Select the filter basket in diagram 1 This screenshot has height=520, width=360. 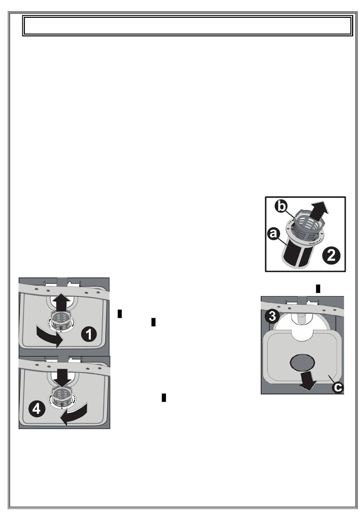pos(61,322)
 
